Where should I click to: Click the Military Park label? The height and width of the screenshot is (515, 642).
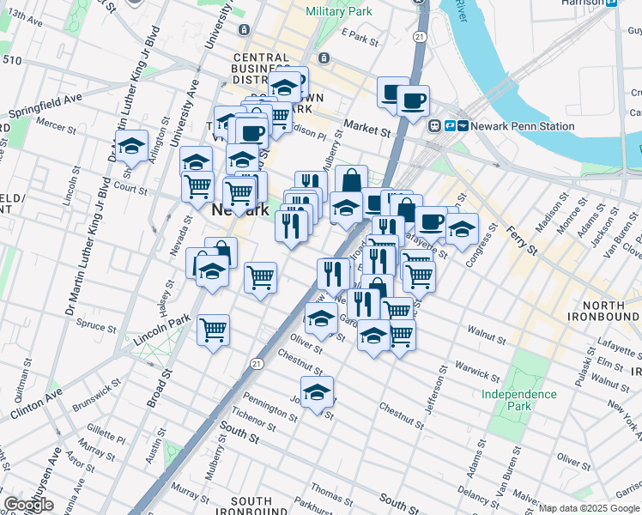pyautogui.click(x=339, y=12)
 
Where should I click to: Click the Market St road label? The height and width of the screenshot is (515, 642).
pyautogui.click(x=367, y=129)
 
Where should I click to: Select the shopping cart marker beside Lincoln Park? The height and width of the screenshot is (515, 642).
pyautogui.click(x=213, y=328)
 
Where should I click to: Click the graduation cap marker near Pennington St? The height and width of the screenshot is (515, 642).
pyautogui.click(x=318, y=392)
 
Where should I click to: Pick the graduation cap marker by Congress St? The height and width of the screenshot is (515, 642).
pyautogui.click(x=462, y=229)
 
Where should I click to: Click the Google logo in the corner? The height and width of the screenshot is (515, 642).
pyautogui.click(x=28, y=506)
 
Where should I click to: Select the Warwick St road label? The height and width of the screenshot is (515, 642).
pyautogui.click(x=477, y=371)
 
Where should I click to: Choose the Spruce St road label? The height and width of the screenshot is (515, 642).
pyautogui.click(x=95, y=327)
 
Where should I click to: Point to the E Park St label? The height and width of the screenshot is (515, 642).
pyautogui.click(x=359, y=38)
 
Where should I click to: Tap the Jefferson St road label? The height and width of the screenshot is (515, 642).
pyautogui.click(x=435, y=388)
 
